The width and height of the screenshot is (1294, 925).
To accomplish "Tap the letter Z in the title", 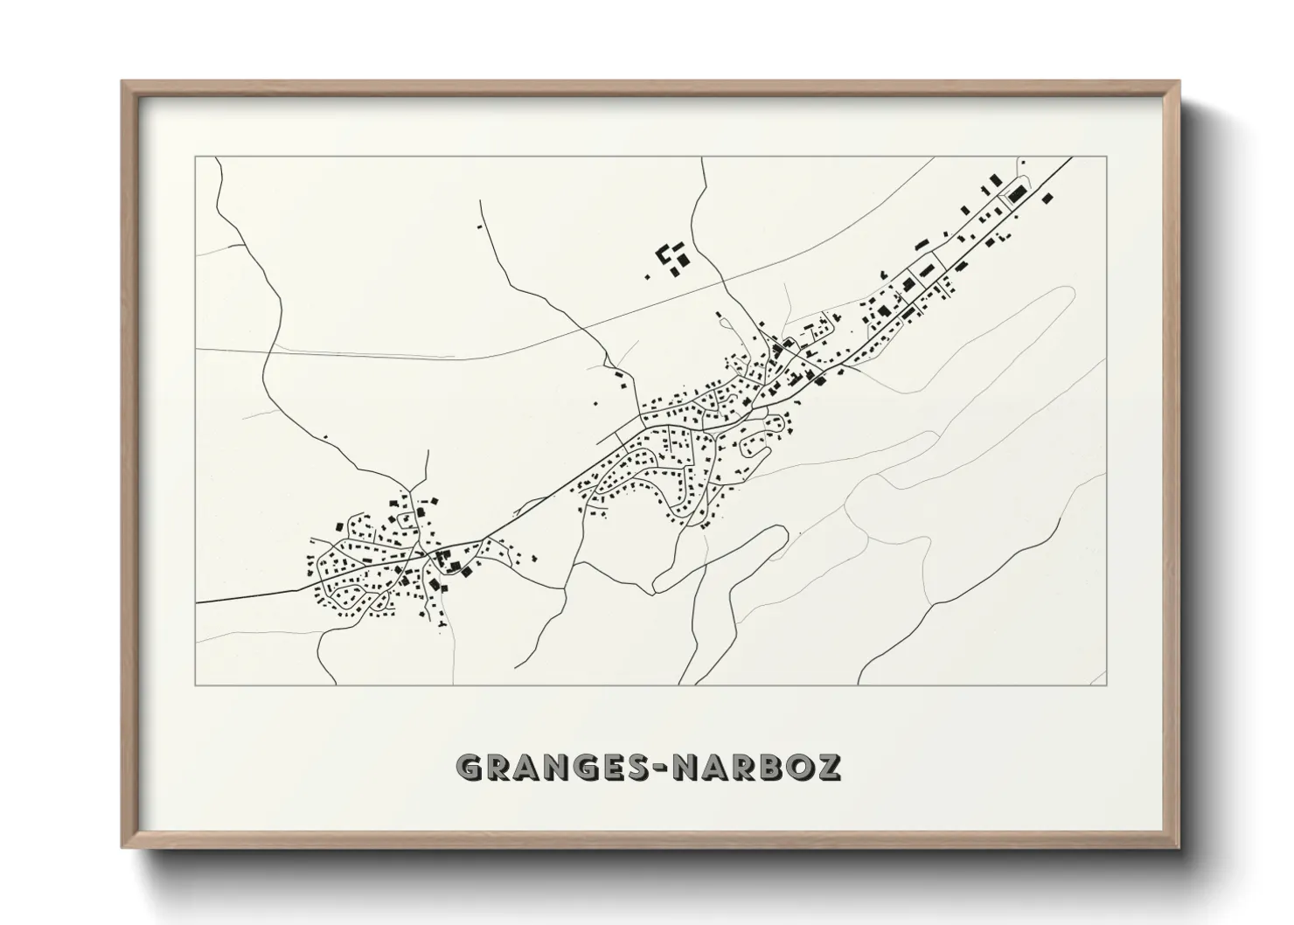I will pyautogui.click(x=827, y=767).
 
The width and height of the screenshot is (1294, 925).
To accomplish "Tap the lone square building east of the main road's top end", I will pyautogui.click(x=1047, y=198).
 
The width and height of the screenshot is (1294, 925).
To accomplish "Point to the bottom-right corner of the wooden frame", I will pyautogui.click(x=1179, y=847).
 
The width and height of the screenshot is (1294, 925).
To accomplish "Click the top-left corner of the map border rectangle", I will pyautogui.click(x=196, y=157).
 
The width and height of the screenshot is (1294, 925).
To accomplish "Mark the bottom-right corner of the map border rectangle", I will pyautogui.click(x=1106, y=685).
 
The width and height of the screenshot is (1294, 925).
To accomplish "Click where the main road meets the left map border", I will pyautogui.click(x=197, y=602).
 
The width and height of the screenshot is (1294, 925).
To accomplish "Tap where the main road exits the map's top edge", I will pyautogui.click(x=1072, y=158).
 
